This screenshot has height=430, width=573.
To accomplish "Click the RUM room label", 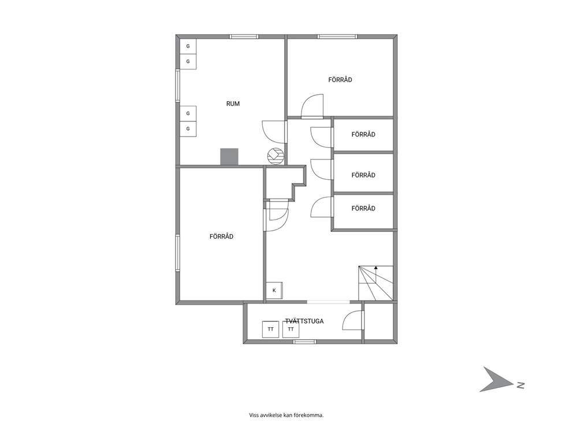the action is point(233,104).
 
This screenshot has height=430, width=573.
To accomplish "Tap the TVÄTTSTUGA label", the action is point(304,321).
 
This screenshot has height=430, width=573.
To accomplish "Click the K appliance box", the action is point(274,291).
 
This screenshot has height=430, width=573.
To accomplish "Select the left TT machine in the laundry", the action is point(271,329).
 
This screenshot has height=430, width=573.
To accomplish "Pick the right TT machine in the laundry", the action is point(291,329).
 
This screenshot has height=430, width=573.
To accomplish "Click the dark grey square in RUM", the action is point(229,157).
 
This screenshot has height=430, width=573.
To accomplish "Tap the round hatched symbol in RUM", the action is point(275,155).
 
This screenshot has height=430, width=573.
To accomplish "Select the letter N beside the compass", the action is point(521,385).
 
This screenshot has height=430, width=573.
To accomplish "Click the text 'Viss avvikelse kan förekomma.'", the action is point(286,415).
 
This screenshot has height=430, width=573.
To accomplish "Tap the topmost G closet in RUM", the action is point(188,46).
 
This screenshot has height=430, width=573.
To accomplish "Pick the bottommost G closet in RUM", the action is point(188,129).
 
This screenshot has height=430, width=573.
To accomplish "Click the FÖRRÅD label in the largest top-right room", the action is point(340,80).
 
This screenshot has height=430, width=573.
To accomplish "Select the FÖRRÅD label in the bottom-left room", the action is point(221,236).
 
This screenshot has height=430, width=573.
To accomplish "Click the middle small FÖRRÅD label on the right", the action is point(363,175).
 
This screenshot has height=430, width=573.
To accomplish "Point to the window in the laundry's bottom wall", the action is point(305,342).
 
